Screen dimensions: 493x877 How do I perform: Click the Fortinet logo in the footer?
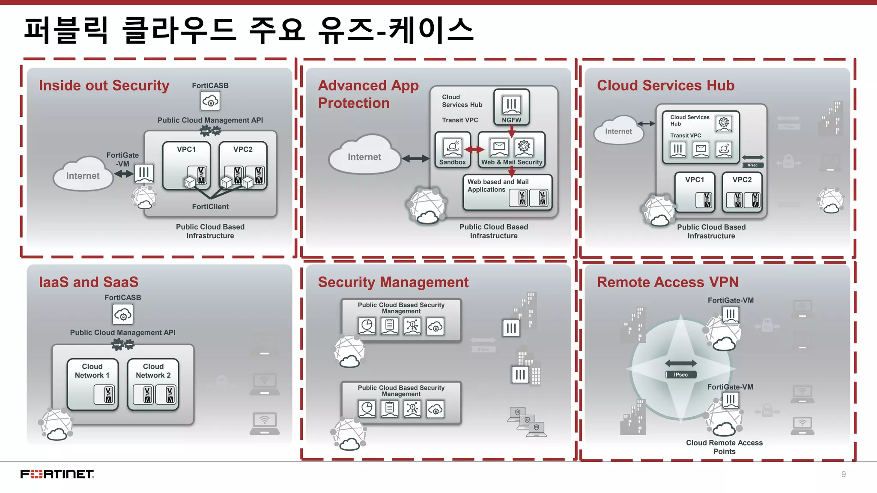pos(57,474)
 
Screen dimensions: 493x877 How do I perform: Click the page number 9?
pos(843,474)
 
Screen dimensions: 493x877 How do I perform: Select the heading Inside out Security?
pos(104,86)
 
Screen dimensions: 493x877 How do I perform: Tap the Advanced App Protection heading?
pos(368,94)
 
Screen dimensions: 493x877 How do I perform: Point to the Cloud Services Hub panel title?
pos(665,86)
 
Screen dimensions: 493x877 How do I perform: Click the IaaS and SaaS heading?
pos(89,282)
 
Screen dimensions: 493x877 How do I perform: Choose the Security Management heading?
pos(393,282)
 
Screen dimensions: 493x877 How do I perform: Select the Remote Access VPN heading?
pos(668,282)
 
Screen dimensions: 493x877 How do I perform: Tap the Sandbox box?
pos(453,150)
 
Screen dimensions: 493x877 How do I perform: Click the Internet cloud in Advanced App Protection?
pos(364,157)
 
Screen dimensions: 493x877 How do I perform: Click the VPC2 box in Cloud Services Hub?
pos(742,192)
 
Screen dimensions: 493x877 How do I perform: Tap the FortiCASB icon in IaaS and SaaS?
pos(123,315)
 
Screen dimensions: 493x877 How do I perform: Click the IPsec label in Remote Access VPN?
pos(681,375)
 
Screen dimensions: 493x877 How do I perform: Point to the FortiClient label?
pos(210,207)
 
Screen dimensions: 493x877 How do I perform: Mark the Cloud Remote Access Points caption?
pos(724,447)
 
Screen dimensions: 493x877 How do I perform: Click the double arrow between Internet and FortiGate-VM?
pos(124,174)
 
